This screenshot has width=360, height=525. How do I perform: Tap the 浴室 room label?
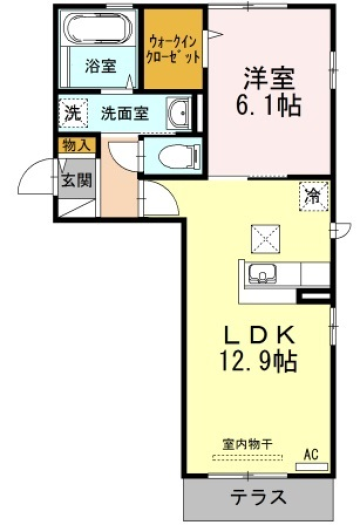[100, 66]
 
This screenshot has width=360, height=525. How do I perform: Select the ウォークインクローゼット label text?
[174, 50]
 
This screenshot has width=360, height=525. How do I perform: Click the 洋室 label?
[269, 79]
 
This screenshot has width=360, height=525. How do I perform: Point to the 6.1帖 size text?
[269, 105]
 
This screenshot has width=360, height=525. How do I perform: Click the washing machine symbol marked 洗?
[73, 114]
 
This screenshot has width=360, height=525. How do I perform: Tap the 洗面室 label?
[125, 114]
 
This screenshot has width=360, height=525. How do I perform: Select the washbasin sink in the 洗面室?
[179, 114]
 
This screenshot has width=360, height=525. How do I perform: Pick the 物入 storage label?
[77, 145]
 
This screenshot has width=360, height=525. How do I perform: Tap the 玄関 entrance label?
[76, 181]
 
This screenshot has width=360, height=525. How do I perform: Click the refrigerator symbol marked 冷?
[314, 197]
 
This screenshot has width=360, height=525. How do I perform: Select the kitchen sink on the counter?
[263, 274]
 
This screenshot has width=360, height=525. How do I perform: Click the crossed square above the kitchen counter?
[265, 239]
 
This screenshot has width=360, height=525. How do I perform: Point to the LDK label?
[259, 335]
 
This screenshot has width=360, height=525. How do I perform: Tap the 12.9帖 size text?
[258, 361]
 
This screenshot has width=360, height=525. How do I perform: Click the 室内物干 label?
[247, 445]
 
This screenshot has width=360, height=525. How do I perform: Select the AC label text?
[311, 454]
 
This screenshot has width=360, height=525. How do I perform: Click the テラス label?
[259, 497]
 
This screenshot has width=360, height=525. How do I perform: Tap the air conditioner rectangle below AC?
[311, 467]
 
